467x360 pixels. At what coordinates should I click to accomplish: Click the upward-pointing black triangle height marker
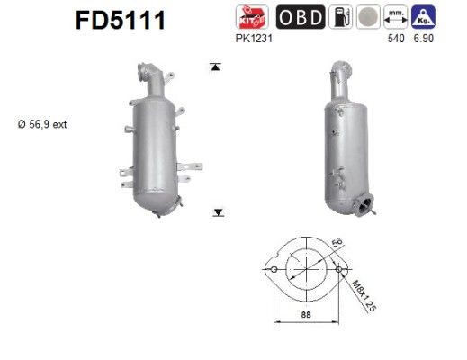216,67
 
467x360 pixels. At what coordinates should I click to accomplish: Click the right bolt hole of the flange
338,270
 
